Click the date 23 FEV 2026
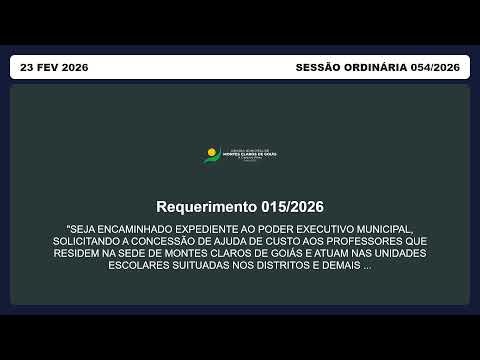pos(54,67)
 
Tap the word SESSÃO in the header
pos(320,67)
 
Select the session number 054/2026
pos(435,67)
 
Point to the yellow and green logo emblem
pos(211,155)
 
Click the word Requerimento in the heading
pos(206,207)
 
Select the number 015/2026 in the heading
pos(291,207)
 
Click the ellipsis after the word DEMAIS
pos(367,266)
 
